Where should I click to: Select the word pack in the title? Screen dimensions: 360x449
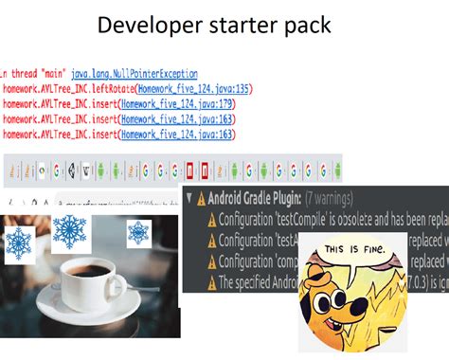(306, 25)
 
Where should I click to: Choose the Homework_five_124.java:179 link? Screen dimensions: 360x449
(175, 104)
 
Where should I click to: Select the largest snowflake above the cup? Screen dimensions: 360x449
(69, 232)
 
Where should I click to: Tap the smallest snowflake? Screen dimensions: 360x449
(138, 230)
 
